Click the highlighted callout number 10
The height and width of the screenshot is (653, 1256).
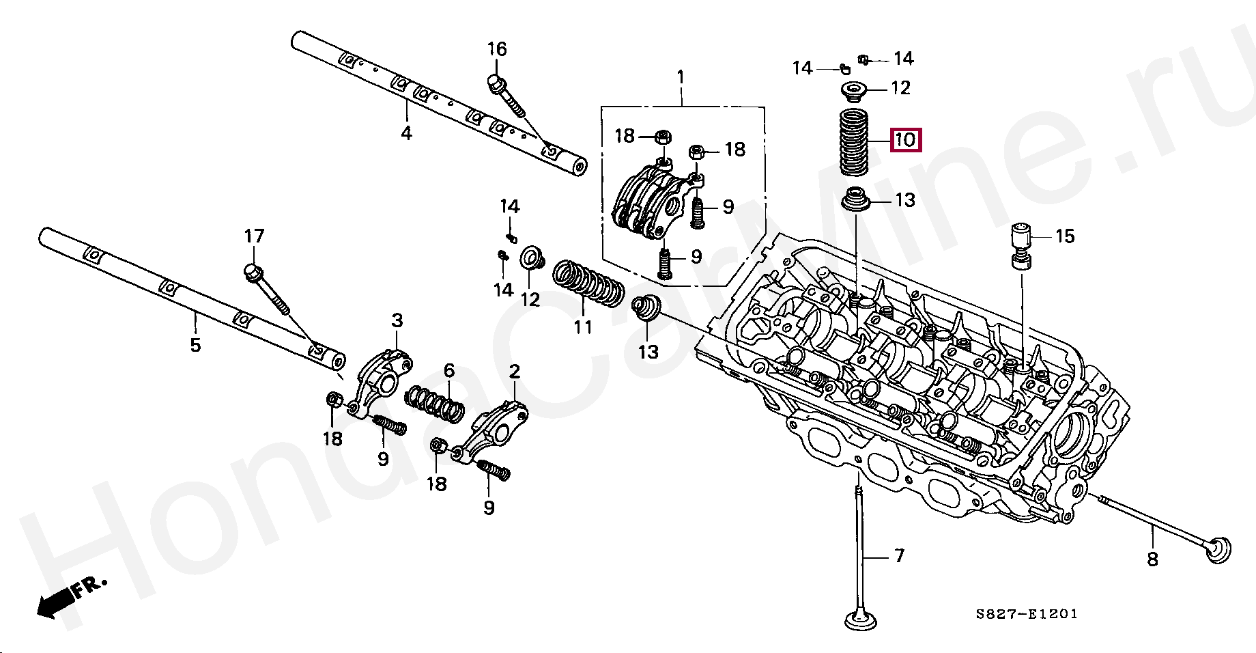coord(904,141)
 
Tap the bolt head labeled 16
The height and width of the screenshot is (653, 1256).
coord(496,83)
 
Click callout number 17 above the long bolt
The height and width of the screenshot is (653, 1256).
coord(254,236)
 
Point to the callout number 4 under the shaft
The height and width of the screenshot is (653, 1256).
coord(406,133)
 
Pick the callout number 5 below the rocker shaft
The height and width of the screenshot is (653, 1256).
coord(195,345)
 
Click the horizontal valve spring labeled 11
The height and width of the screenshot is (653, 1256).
coord(588,283)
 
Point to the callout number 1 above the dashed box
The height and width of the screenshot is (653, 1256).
coord(681,77)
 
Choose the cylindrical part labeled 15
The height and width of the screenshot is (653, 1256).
coord(1021,245)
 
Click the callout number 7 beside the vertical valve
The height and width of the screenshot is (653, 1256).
coord(900,556)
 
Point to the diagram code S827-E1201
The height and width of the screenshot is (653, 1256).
coord(1026,614)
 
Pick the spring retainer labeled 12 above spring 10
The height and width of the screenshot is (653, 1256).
coord(853,90)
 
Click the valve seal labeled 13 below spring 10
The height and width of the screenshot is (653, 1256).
coord(853,199)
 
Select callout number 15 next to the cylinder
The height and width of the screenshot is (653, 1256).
coord(1064,236)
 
